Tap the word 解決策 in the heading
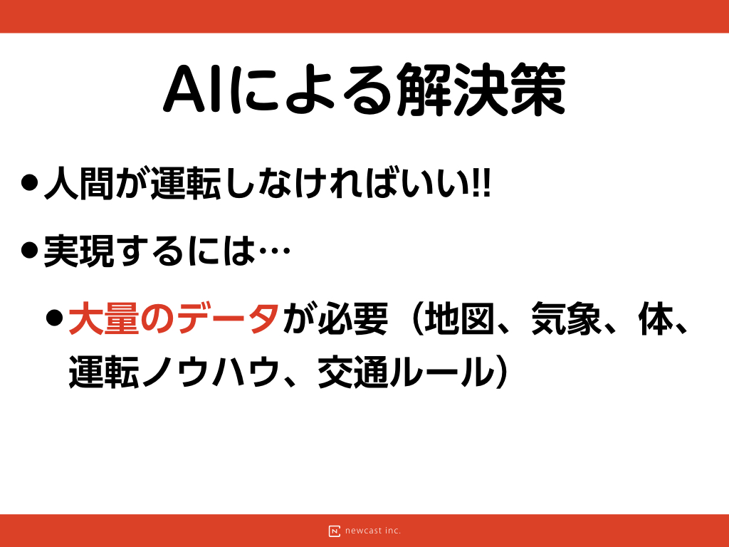point(481,89)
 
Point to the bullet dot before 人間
point(29,182)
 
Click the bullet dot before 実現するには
point(29,250)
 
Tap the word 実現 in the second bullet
point(79,251)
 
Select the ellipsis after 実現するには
point(274,251)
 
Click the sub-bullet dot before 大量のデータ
point(55,318)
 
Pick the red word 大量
point(104,318)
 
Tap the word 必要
point(352,318)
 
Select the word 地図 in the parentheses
point(459,318)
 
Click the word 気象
point(566,318)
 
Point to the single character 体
point(656,318)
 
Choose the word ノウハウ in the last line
point(211,372)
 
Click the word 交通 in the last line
point(353,372)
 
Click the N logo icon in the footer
point(335,531)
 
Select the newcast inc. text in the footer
point(373,531)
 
